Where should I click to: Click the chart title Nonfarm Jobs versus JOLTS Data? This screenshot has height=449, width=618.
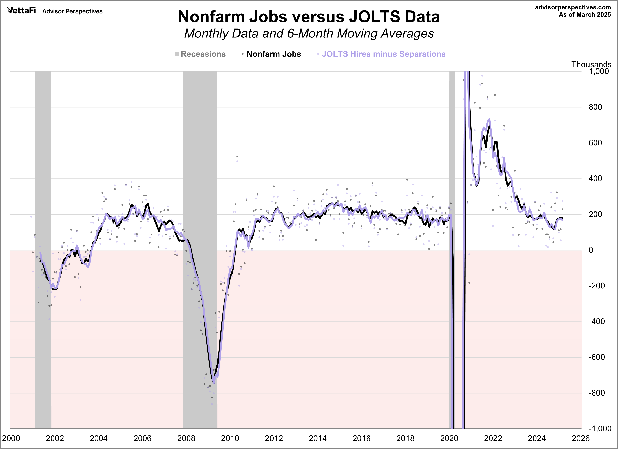point(309,17)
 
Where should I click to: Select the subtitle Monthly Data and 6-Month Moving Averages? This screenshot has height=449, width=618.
point(309,34)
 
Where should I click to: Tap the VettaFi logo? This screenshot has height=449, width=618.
point(21,11)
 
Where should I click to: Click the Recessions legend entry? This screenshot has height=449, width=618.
point(200,54)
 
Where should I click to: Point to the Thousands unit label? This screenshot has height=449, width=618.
point(591,65)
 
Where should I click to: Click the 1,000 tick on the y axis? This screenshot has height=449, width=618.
point(598,71)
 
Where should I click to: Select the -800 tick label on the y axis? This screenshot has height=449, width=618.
point(596,393)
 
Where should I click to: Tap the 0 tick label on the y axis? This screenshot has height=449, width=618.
point(591,250)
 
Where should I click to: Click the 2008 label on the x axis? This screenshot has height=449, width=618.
point(186,438)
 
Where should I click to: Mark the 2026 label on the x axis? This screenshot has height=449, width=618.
point(580,438)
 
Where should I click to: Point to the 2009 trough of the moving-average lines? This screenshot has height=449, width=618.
point(214,383)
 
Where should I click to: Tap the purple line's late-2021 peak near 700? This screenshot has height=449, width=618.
point(489,119)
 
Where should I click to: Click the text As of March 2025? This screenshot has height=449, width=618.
point(585,15)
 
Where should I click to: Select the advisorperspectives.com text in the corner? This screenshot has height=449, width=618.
point(573,7)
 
